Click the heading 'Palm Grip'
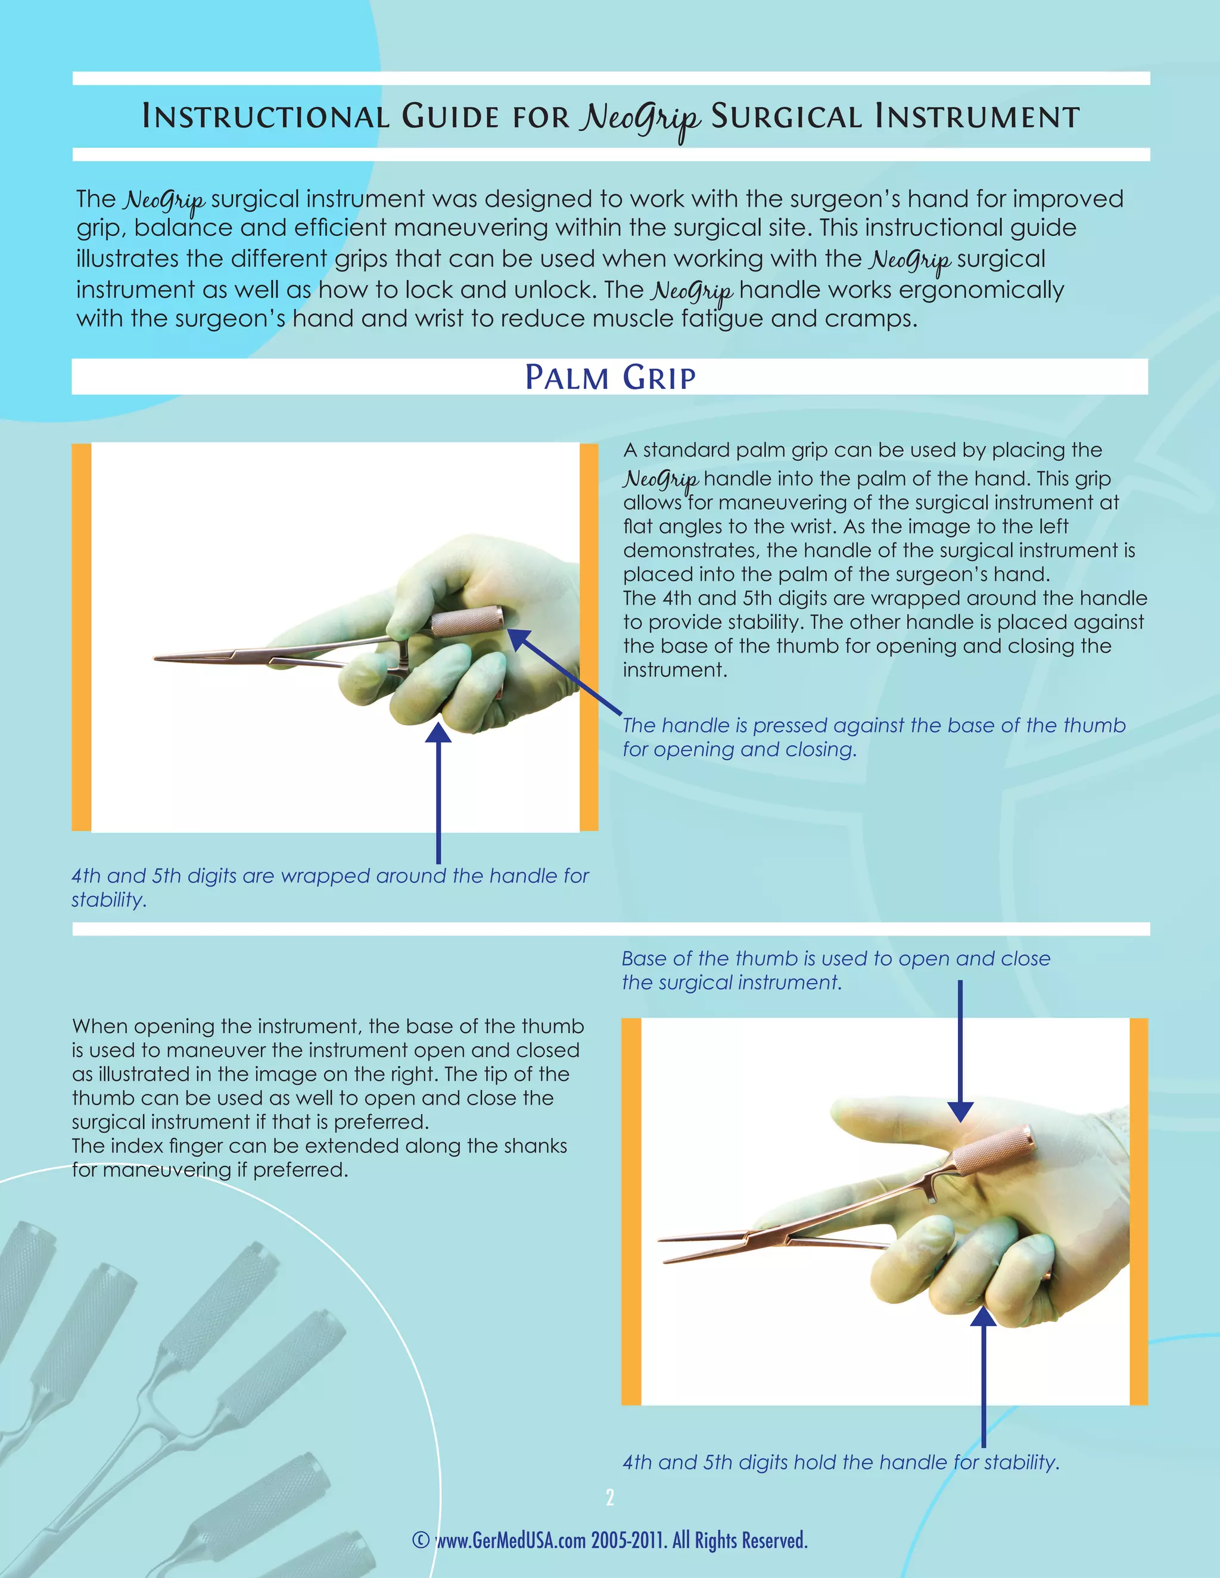click(610, 377)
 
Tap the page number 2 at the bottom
click(610, 1498)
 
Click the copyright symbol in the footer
click(421, 1540)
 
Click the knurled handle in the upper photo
click(466, 620)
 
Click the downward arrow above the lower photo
click(960, 1047)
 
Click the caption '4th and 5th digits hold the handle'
click(841, 1462)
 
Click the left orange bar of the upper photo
click(82, 637)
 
